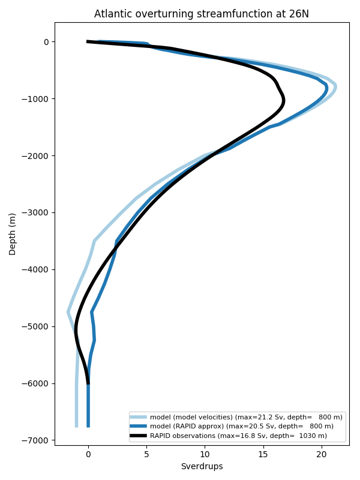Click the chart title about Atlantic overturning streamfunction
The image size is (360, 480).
202,14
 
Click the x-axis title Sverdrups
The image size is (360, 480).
202,466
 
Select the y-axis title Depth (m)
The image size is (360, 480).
13,233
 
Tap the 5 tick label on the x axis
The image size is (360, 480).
146,454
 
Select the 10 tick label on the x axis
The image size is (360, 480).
205,454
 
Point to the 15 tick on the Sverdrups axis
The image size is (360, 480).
263,454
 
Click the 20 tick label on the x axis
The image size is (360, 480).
322,454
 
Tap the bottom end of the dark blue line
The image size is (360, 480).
88,426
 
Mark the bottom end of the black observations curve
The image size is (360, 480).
88,383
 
